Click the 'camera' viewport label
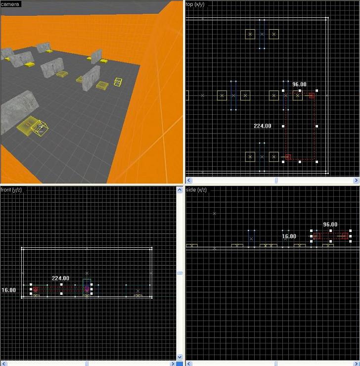[x=10, y=4]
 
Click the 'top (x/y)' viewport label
[x=195, y=4]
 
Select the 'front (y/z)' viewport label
[x=11, y=190]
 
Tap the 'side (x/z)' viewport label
[x=196, y=190]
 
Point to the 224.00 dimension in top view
[x=263, y=126]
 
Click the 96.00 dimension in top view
[x=299, y=84]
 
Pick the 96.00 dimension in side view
[x=330, y=225]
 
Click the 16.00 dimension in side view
[x=289, y=236]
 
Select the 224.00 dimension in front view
[x=60, y=278]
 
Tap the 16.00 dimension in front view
[x=8, y=290]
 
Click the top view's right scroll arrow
[x=356, y=180]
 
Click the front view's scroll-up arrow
[x=180, y=190]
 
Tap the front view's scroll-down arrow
[x=180, y=357]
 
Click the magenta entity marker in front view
[x=87, y=289]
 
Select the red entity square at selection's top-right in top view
[x=312, y=95]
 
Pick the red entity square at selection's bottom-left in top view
[x=288, y=157]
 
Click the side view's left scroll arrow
[x=188, y=364]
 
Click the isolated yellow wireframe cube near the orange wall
[x=118, y=82]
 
